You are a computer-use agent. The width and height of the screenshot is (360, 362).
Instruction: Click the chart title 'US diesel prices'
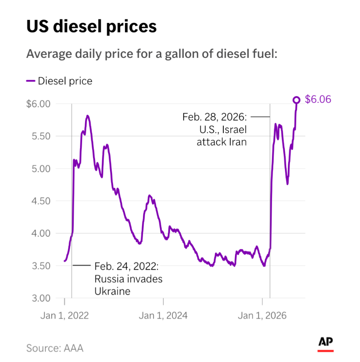92,27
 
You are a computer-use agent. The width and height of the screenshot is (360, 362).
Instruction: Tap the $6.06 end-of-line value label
318,99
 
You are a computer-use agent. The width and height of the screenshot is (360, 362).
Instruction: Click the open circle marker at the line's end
296,100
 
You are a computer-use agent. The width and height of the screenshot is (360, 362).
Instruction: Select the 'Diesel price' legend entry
59,81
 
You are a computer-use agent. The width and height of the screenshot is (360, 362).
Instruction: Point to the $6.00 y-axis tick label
38,104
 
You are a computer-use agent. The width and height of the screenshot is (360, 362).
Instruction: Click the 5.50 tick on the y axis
41,136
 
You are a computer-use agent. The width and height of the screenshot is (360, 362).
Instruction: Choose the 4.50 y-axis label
41,201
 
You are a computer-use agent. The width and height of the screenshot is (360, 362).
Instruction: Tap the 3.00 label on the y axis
41,298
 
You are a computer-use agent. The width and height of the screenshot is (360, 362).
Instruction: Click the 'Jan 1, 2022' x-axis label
65,315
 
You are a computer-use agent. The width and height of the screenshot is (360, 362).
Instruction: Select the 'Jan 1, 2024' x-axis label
163,315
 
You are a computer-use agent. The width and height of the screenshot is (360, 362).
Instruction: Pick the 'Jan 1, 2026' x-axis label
262,315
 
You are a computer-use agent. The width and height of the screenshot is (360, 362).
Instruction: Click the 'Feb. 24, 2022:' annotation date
127,266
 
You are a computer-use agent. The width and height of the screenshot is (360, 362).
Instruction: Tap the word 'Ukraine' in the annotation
112,291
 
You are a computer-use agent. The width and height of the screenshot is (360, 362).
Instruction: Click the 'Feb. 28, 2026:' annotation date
215,117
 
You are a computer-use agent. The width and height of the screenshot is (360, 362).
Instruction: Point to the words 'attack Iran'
222,142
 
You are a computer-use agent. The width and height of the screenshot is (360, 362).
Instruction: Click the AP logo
325,344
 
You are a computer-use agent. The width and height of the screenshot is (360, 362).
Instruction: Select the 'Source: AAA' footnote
55,348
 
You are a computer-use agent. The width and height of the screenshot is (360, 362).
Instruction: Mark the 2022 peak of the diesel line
87,116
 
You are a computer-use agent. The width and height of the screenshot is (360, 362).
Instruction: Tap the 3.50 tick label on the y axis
41,266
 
